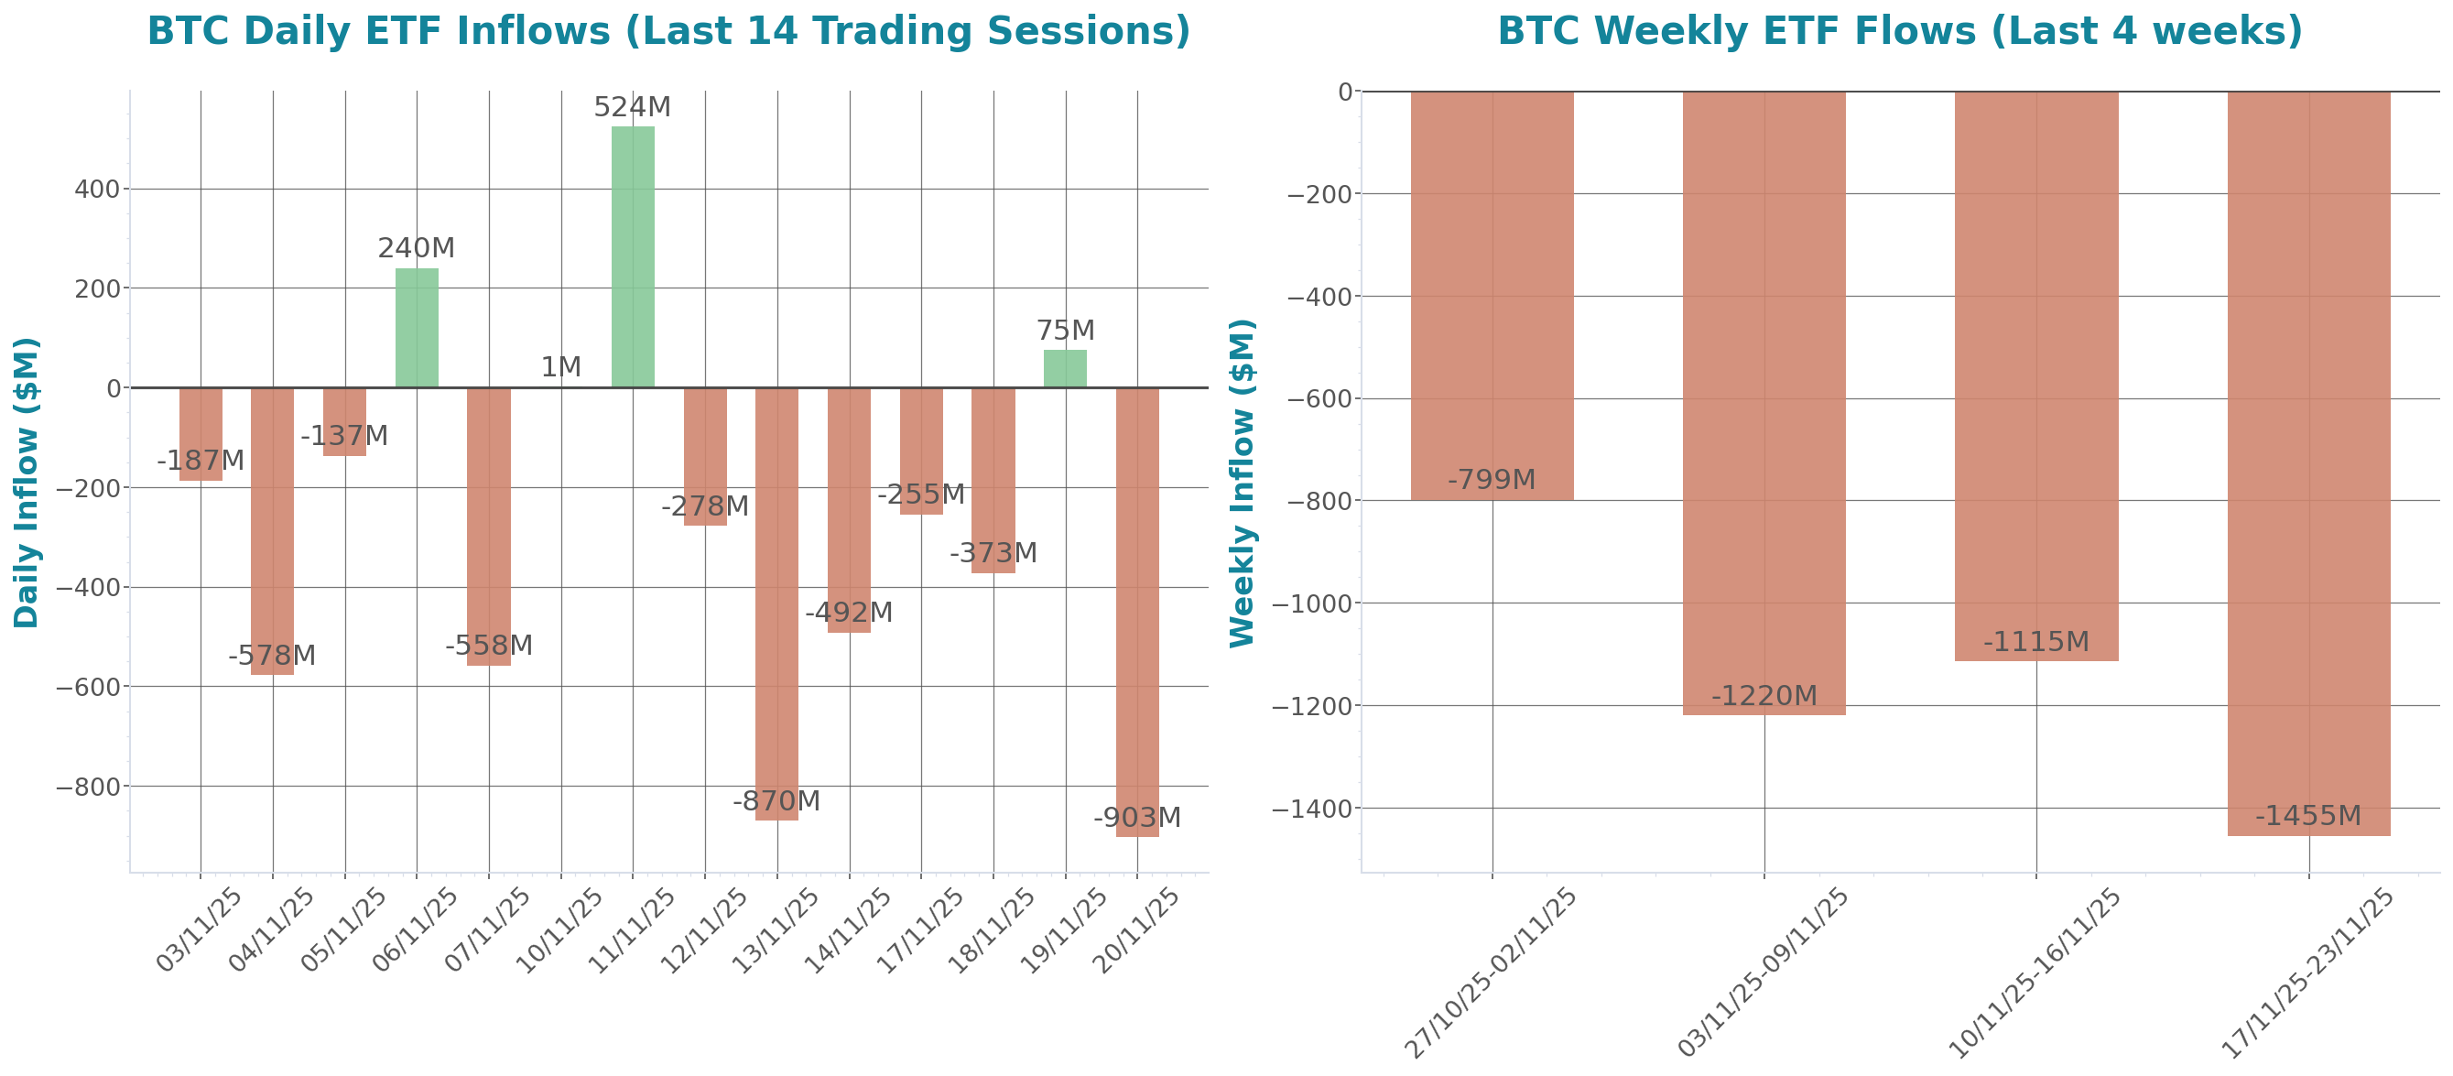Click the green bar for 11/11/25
point(633,257)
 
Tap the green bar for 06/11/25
point(418,328)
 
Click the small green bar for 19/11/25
point(1065,368)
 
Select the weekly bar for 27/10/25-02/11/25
point(1492,295)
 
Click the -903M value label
point(1137,818)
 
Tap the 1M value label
point(561,366)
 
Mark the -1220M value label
point(1764,696)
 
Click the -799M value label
point(1492,480)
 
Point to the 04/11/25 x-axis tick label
point(272,930)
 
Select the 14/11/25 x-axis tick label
point(849,930)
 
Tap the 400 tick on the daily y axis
point(97,190)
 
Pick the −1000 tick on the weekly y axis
point(1318,603)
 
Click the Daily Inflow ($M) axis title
point(27,482)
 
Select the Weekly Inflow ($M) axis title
point(1242,482)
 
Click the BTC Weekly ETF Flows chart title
point(1900,31)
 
